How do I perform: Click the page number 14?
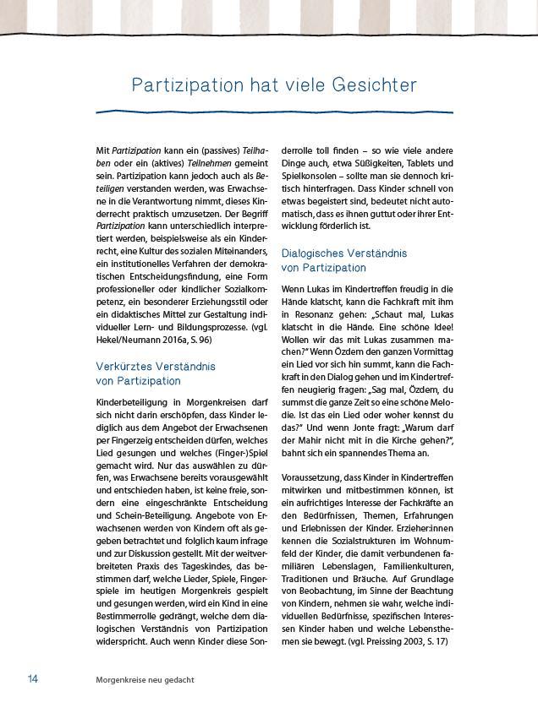33,678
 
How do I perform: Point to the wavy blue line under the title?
274,111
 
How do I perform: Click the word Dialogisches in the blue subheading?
314,253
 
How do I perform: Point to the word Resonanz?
315,301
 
